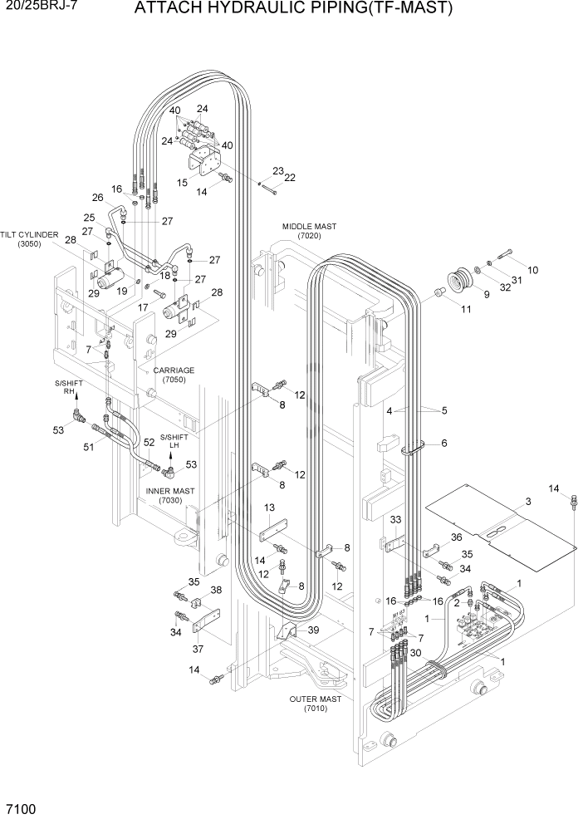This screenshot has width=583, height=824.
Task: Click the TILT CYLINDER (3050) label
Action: [29, 240]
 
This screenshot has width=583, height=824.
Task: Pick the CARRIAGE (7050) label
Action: [172, 375]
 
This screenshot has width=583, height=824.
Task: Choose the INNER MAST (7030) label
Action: [169, 496]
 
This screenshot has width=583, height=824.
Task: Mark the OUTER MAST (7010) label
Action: [315, 704]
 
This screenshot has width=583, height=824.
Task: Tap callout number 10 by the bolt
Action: [532, 269]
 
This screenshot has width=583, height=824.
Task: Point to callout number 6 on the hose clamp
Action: [444, 443]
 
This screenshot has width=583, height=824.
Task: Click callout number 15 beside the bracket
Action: [183, 182]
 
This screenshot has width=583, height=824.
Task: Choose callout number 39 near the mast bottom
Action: [313, 630]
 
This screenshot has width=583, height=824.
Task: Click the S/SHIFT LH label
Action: [174, 440]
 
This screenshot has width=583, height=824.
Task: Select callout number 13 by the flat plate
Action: [269, 508]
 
